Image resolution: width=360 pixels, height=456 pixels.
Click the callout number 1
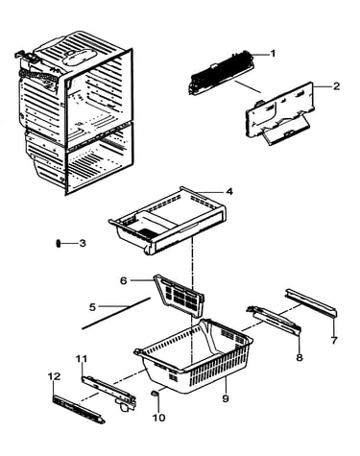point(273,54)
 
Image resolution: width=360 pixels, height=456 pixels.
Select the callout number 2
point(336,86)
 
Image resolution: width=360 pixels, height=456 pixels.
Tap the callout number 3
point(83,243)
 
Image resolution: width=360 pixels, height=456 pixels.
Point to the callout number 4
point(229,192)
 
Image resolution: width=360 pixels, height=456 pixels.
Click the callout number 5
point(92,307)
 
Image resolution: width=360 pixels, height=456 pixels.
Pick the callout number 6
point(123,280)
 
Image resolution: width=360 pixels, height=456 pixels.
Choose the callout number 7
point(334,341)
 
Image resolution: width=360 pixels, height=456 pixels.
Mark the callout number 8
point(300,357)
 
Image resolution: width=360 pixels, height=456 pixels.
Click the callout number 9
point(226,398)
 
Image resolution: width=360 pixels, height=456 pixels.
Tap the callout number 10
point(159,418)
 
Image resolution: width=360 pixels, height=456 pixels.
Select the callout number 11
point(82,359)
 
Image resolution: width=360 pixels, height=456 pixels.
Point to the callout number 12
point(54,376)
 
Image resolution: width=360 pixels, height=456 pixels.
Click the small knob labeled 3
point(59,244)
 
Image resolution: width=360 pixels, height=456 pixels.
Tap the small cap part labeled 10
point(155,394)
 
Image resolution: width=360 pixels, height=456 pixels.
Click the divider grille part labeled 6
point(180,295)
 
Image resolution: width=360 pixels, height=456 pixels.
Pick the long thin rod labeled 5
point(116,313)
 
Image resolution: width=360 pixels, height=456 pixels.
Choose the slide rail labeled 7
point(311,302)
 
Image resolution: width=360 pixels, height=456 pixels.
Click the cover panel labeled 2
point(280,113)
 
